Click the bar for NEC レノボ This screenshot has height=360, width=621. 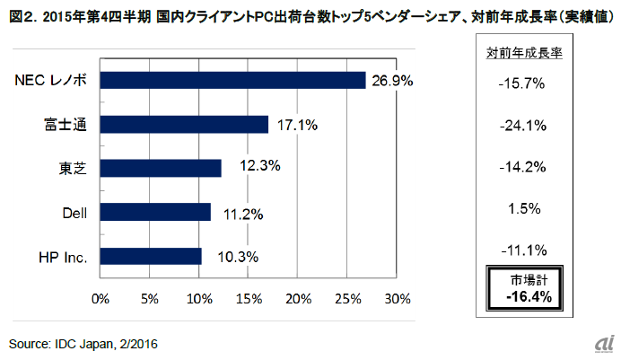(232, 81)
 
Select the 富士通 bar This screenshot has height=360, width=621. (184, 124)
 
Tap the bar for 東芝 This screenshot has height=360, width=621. (161, 168)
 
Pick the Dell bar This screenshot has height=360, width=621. (155, 212)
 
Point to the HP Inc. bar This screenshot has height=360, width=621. (151, 256)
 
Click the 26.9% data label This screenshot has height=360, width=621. (392, 81)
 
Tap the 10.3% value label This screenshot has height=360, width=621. (238, 256)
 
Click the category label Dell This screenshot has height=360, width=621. (76, 212)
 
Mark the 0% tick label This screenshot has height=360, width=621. (100, 298)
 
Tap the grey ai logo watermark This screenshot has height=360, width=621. (600, 344)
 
